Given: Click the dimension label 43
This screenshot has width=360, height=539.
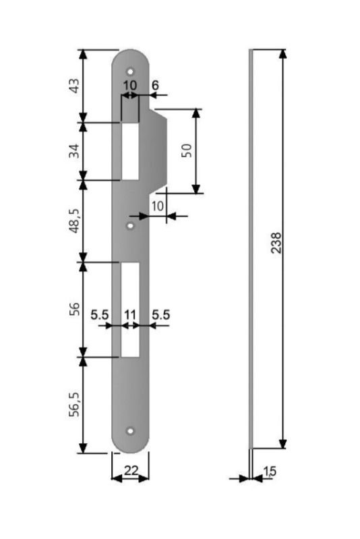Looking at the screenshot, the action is pyautogui.click(x=74, y=86).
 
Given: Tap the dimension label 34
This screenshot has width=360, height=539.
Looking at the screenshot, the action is pyautogui.click(x=74, y=151).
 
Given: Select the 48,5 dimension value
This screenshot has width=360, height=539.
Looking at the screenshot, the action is pyautogui.click(x=75, y=221).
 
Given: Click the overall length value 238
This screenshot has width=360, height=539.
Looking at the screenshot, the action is pyautogui.click(x=276, y=243).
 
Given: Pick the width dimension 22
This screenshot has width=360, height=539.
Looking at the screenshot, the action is pyautogui.click(x=131, y=470).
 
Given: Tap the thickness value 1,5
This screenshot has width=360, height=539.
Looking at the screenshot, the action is pyautogui.click(x=270, y=471).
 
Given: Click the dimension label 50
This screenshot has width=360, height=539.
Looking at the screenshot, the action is pyautogui.click(x=187, y=150).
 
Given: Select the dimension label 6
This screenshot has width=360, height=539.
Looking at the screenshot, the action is pyautogui.click(x=155, y=85).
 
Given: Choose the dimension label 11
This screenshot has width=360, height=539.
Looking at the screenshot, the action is pyautogui.click(x=130, y=314).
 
